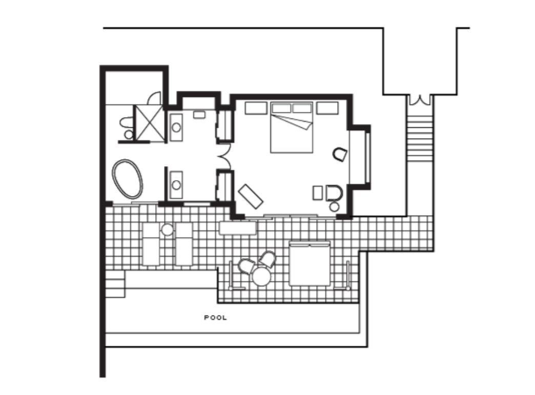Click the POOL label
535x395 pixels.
(215, 318)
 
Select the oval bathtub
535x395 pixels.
(127, 179)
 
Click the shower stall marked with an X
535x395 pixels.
(149, 123)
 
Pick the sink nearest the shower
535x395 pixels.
(176, 127)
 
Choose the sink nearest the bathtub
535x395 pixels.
(176, 185)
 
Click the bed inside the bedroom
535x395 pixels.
(292, 127)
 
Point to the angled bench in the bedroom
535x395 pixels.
(250, 196)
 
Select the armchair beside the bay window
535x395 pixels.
(340, 154)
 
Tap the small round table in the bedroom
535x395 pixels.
(334, 206)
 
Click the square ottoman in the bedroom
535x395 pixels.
(318, 193)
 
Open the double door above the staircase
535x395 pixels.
(420, 100)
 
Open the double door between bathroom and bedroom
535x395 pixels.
(224, 156)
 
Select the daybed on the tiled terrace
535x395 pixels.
(310, 263)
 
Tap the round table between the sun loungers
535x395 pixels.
(167, 230)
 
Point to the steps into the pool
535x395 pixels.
(115, 284)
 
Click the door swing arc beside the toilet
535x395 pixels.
(154, 98)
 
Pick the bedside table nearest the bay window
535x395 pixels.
(327, 108)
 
